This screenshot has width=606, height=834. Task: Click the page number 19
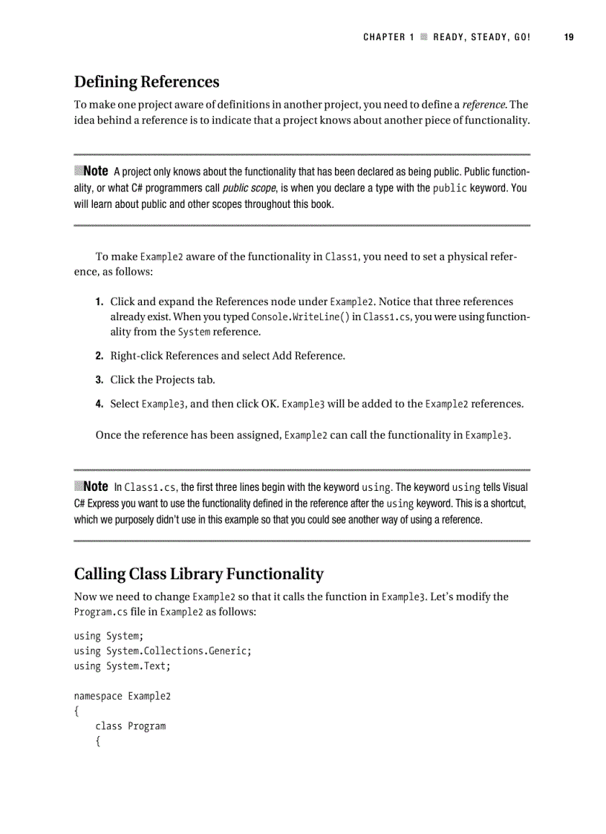(x=569, y=37)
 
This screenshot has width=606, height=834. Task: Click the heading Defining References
(x=146, y=81)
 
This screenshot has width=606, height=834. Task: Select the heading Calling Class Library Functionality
(x=198, y=573)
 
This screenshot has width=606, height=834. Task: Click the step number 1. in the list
(x=99, y=302)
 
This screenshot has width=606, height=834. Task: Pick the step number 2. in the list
(x=99, y=356)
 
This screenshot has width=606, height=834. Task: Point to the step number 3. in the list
(x=99, y=380)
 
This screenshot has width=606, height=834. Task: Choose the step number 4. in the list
(x=99, y=405)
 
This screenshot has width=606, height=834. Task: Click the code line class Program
(x=130, y=726)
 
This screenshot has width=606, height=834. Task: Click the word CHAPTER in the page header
(x=384, y=37)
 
